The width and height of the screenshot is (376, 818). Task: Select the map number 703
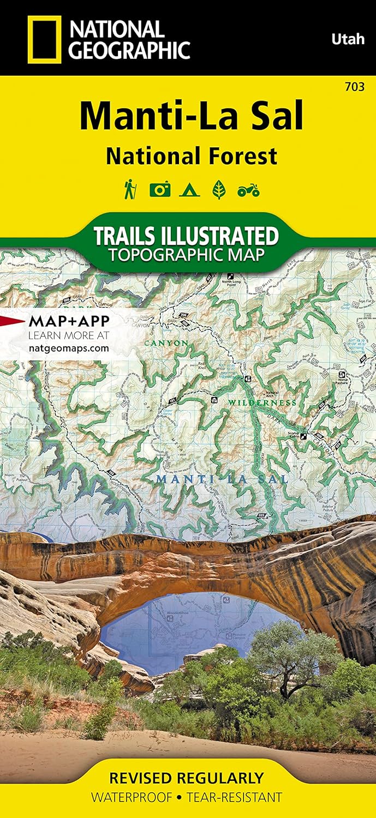(355, 86)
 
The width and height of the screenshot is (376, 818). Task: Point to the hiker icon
(130, 190)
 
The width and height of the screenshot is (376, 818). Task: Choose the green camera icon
(159, 190)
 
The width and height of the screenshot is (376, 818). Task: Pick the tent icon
(190, 190)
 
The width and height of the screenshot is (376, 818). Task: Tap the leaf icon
(219, 190)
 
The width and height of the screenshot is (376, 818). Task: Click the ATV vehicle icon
(248, 190)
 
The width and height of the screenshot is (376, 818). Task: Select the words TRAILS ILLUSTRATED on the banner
(186, 236)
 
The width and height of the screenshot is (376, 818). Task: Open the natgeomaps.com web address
(68, 348)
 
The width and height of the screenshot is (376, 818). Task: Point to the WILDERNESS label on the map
(262, 402)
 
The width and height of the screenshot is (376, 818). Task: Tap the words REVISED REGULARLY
(187, 777)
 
